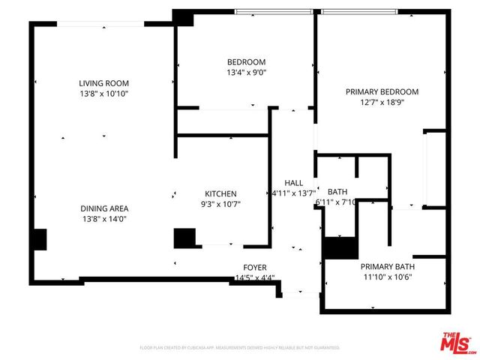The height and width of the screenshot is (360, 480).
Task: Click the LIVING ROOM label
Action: pyautogui.click(x=105, y=83)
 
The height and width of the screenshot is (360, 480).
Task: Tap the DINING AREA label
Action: pyautogui.click(x=105, y=208)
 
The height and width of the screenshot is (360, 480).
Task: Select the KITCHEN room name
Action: pyautogui.click(x=221, y=193)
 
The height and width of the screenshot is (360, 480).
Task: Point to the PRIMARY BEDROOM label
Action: pyautogui.click(x=382, y=91)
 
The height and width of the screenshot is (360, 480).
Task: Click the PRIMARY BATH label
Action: pyautogui.click(x=387, y=266)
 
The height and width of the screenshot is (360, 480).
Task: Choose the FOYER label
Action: pyautogui.click(x=255, y=267)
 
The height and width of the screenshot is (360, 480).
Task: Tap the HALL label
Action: pyautogui.click(x=293, y=183)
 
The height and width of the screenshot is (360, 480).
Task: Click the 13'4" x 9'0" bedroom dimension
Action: pyautogui.click(x=246, y=73)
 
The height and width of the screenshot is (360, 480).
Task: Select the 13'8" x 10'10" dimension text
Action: pyautogui.click(x=105, y=94)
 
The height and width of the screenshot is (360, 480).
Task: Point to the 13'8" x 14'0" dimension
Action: pyautogui.click(x=105, y=219)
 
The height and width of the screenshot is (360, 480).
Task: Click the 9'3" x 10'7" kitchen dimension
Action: pyautogui.click(x=221, y=203)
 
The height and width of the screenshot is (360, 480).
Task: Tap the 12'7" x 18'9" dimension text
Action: pyautogui.click(x=382, y=102)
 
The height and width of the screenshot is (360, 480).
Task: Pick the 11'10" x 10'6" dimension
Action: pyautogui.click(x=387, y=277)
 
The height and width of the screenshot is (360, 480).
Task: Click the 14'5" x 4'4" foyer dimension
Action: pyautogui.click(x=255, y=277)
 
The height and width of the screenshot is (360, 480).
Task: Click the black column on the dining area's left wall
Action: pyautogui.click(x=38, y=240)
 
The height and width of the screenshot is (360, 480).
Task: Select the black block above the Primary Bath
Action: pyautogui.click(x=340, y=247)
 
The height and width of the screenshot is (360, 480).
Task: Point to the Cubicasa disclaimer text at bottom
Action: pyautogui.click(x=240, y=348)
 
